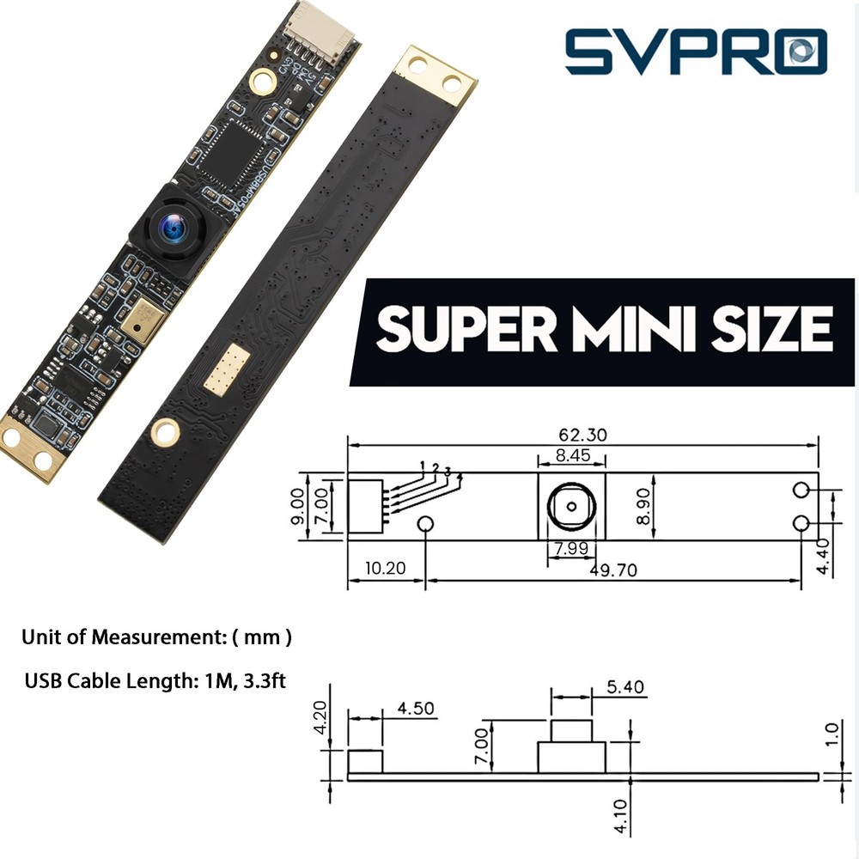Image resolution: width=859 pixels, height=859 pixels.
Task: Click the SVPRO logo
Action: click(x=695, y=51)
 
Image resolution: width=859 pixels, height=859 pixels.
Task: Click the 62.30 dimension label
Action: click(x=582, y=435)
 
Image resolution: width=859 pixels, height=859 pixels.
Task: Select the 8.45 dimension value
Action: click(x=572, y=456)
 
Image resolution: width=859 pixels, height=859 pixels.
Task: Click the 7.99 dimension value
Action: click(x=570, y=548)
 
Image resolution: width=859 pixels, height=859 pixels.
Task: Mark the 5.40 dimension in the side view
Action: click(x=624, y=687)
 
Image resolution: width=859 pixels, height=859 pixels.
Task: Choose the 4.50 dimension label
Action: click(x=416, y=710)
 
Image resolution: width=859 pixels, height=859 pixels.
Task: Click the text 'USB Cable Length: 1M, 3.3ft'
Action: click(x=155, y=681)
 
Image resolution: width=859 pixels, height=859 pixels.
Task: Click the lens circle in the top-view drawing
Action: click(x=570, y=505)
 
